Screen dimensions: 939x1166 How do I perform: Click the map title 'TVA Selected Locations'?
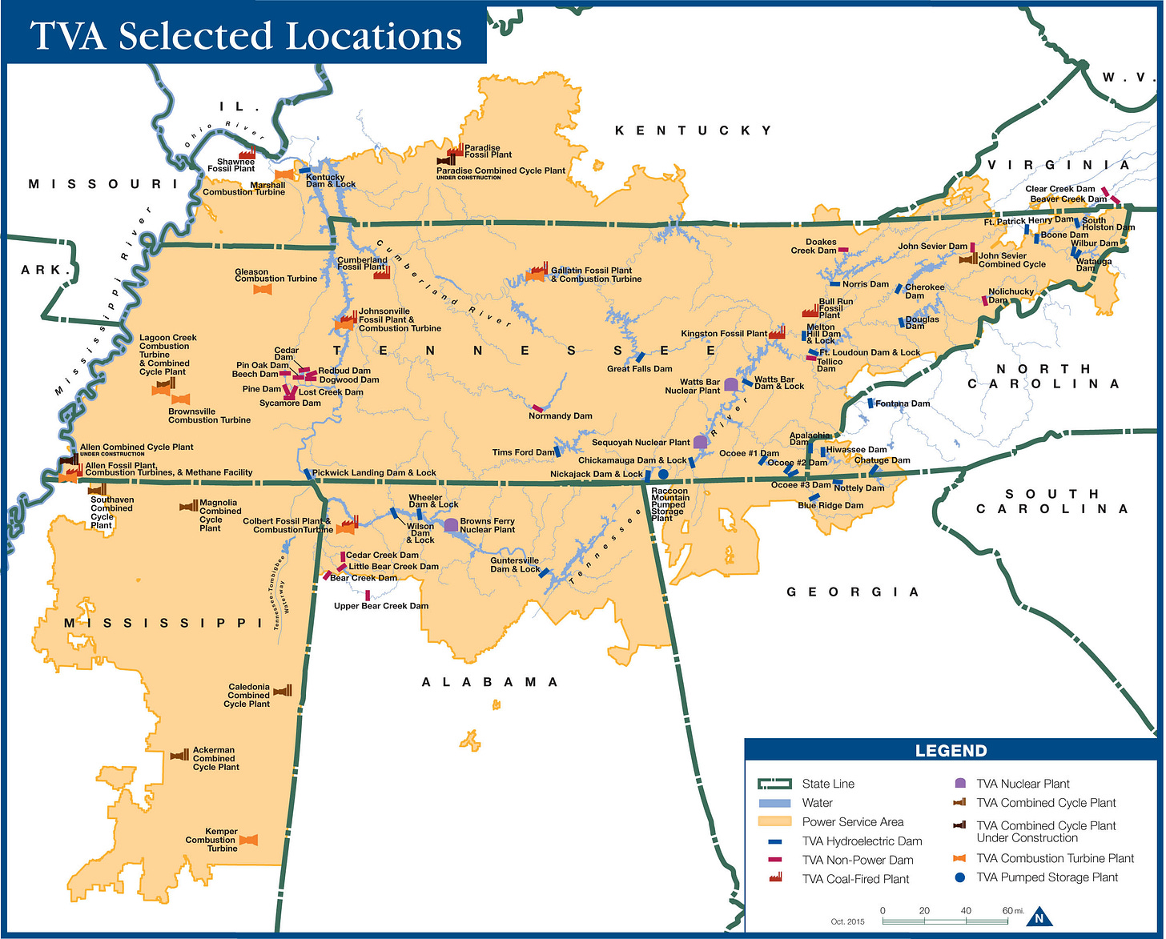pos(245,35)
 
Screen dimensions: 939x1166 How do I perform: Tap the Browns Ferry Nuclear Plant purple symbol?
pos(451,525)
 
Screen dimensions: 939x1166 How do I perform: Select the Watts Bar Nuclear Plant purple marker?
pos(730,385)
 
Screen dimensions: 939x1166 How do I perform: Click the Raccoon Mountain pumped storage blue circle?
pos(663,474)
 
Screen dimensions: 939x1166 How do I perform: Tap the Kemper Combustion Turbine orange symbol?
pos(248,840)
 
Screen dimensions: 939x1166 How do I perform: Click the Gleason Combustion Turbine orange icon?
pos(262,289)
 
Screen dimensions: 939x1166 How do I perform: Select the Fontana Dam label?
pos(902,403)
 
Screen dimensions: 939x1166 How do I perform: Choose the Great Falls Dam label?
pos(639,369)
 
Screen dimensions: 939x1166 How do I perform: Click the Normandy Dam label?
pos(560,415)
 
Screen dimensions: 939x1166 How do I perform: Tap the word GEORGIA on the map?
pos(853,592)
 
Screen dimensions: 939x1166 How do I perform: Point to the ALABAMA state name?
pos(490,682)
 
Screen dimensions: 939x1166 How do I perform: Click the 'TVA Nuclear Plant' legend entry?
pos(1022,784)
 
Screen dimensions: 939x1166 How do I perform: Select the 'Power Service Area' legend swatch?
pos(774,821)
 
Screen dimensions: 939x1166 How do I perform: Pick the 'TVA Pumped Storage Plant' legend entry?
pos(1046,877)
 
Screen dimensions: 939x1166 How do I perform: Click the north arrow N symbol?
pos(1039,918)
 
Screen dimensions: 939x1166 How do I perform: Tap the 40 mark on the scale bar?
pos(966,911)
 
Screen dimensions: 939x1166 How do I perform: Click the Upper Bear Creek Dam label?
pos(381,606)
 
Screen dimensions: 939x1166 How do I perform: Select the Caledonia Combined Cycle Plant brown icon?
pos(283,691)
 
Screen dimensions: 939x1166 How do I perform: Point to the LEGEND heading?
pos(951,751)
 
